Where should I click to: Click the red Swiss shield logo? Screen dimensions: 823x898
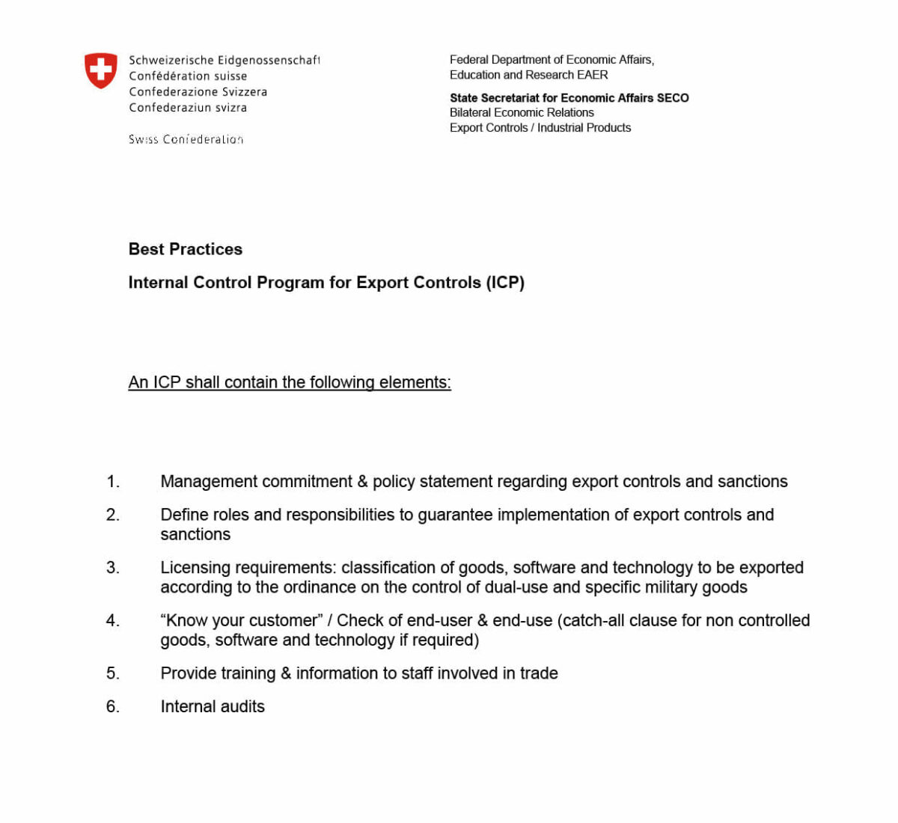coord(100,70)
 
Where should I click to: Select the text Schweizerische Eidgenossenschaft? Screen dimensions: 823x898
coord(224,61)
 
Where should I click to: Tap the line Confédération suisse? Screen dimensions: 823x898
coord(188,76)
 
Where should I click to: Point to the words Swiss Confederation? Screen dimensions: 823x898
coord(186,139)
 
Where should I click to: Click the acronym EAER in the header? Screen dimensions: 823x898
coord(592,75)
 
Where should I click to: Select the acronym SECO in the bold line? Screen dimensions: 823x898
coord(672,98)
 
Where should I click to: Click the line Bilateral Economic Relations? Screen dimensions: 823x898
coord(522,113)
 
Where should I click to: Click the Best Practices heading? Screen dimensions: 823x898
coord(186,249)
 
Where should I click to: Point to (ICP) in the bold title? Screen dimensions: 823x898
coord(505,283)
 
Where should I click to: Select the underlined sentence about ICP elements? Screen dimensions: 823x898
coord(290,382)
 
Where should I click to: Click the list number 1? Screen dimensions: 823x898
coord(113,482)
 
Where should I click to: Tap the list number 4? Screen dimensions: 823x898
coord(113,621)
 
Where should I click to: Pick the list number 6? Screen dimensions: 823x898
coord(113,707)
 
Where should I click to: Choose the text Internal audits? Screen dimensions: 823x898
coord(213,707)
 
